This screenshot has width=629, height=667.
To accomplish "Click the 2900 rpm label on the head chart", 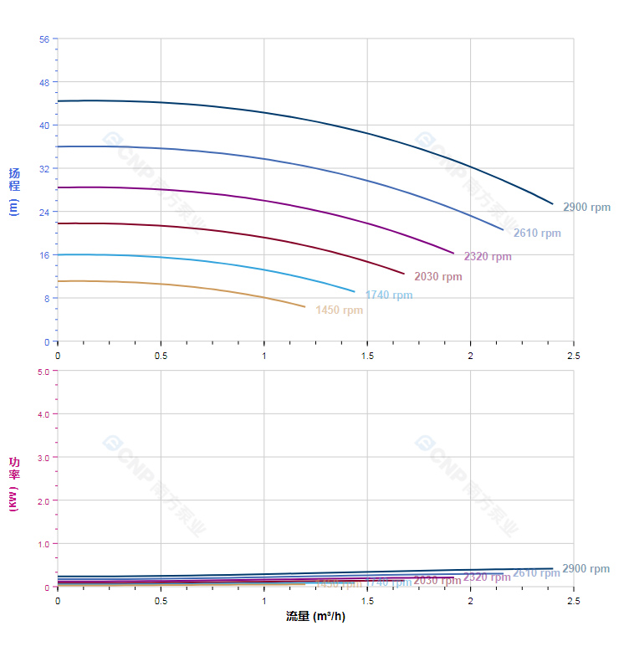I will point(586,208).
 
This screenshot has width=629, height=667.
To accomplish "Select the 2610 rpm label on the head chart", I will point(537,233).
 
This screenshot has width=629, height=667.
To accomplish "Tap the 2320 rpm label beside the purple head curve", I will point(488,257).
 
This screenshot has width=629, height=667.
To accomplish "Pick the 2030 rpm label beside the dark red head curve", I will point(437,277).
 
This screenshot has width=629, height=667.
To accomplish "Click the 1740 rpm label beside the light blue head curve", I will point(389,295).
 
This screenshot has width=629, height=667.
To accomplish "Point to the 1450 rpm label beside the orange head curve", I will point(339,310).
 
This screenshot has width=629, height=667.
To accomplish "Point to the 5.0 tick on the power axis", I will point(42,371).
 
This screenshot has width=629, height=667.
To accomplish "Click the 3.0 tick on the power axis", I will point(42,458).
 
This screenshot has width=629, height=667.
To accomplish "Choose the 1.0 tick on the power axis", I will point(42,544).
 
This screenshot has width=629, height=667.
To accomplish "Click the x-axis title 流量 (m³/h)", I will point(315,617).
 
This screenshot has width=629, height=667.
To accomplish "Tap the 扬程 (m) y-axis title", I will point(13,191).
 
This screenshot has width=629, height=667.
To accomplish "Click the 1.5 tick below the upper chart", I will point(367,356).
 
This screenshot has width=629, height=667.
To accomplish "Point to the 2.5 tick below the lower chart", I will point(574,601).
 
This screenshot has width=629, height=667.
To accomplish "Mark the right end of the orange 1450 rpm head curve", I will point(305,306).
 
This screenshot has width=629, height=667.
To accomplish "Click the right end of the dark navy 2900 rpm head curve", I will point(553,203).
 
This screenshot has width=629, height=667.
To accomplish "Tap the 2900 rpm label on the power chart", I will point(586,569).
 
